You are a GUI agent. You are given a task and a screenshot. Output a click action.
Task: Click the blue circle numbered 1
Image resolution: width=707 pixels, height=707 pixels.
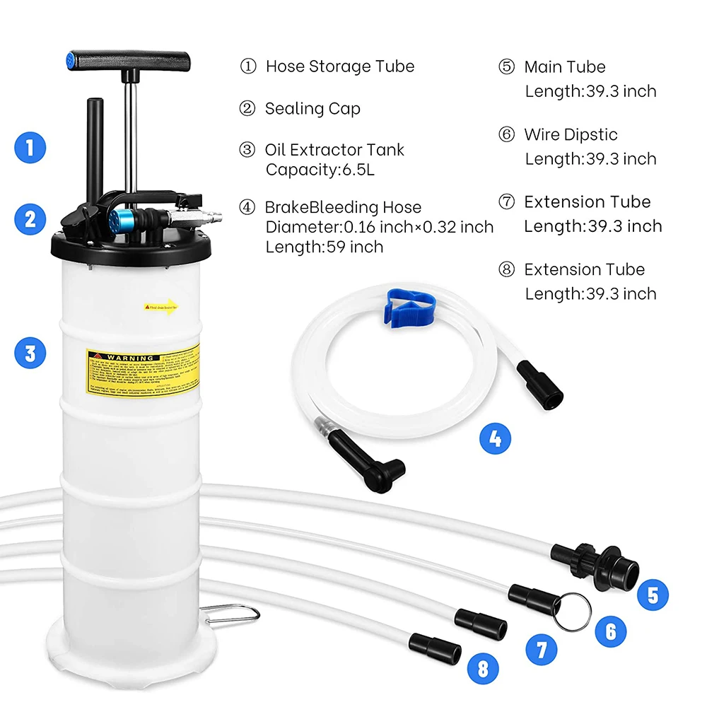30,148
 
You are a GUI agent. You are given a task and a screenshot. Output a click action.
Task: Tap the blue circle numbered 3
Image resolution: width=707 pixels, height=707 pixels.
30,352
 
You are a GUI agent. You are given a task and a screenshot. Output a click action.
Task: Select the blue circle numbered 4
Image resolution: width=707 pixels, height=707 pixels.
496,439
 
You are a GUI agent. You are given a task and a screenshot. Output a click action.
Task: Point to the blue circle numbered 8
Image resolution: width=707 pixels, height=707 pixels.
483,668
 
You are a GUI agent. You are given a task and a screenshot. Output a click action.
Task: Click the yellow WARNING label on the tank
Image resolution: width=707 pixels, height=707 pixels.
142,370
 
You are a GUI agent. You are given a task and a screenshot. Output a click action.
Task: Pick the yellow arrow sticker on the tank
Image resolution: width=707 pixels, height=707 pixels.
161,307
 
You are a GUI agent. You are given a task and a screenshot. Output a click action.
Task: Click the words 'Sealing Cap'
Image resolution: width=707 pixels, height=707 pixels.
312,109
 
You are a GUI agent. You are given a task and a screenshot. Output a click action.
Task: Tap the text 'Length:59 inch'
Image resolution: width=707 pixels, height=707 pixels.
324,247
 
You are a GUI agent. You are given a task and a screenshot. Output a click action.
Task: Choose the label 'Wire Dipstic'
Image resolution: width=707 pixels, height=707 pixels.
570,135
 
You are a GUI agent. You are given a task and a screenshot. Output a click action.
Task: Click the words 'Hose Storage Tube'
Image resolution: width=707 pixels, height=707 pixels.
339,66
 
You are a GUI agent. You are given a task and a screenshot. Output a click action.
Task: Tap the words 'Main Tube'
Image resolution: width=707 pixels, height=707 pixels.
564,67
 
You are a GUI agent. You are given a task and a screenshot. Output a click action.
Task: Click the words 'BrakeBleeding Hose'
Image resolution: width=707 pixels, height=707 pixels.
342,207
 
